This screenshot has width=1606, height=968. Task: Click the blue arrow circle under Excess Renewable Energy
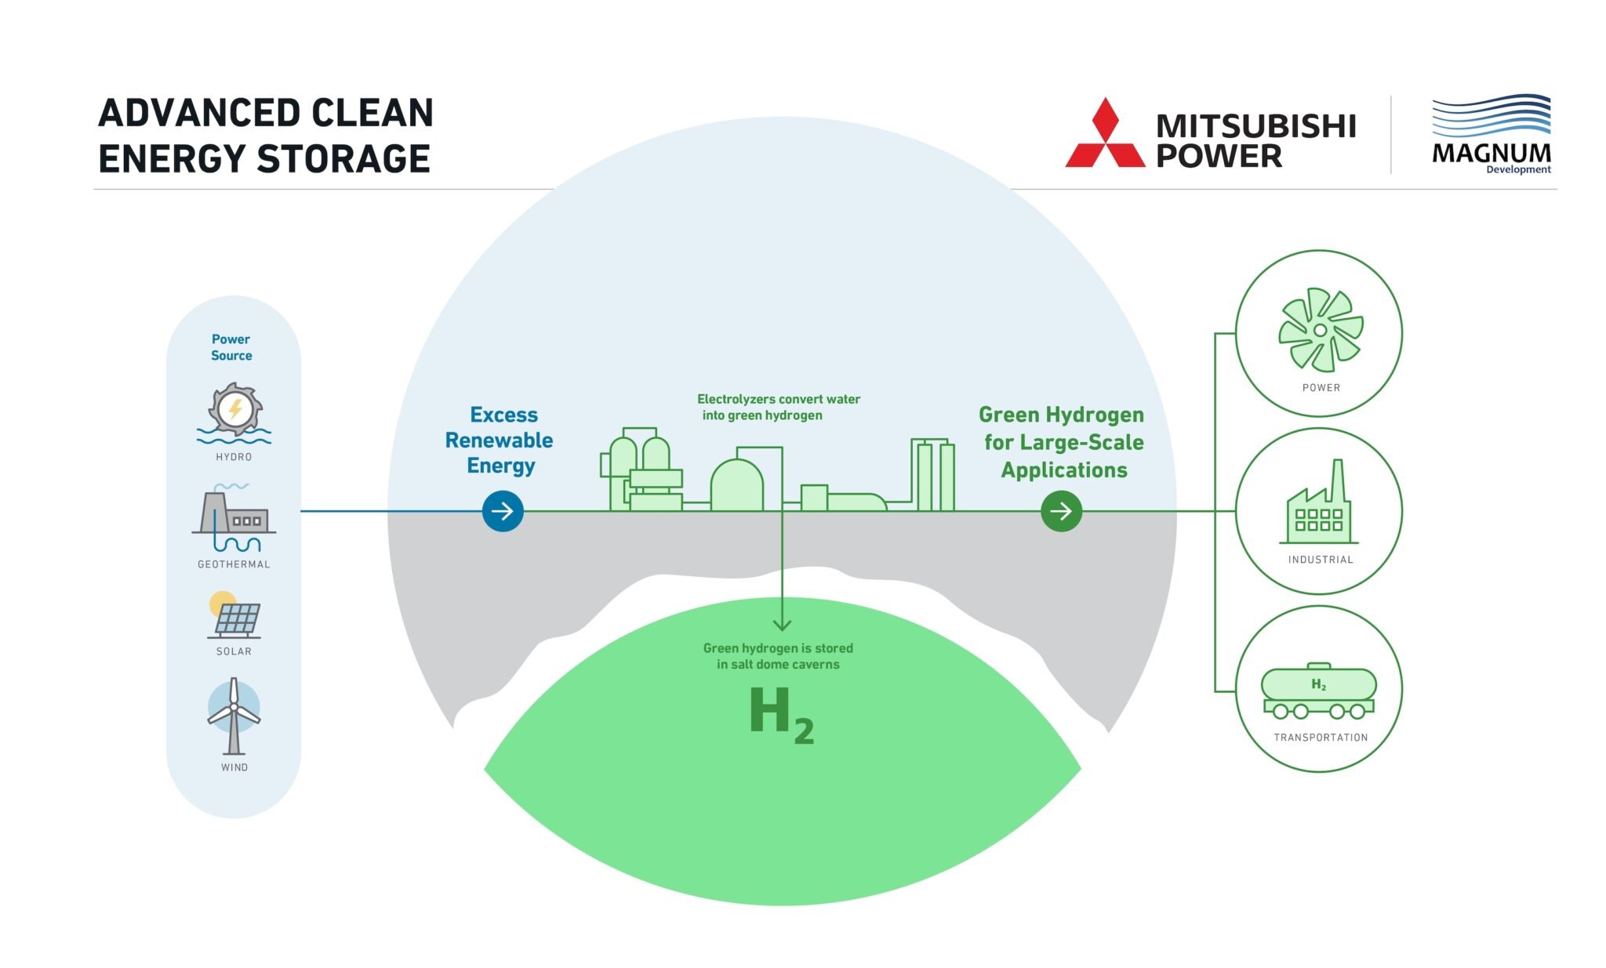point(503,511)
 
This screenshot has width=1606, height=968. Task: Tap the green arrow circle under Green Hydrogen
point(1061,511)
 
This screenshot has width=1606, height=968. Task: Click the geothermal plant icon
point(234,517)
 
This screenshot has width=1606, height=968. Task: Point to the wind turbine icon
point(234,715)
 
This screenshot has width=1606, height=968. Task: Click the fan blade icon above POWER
point(1321,330)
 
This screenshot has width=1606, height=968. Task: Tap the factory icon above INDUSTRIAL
point(1320,506)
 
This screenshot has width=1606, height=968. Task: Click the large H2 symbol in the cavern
point(780,713)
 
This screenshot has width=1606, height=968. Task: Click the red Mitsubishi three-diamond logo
point(1105,135)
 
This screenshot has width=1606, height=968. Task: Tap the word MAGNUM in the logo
point(1491,153)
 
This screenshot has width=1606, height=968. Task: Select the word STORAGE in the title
point(344,159)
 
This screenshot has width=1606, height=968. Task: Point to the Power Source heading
point(231,347)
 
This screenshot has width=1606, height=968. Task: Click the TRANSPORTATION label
point(1321,738)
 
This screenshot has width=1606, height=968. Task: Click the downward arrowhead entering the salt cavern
point(782,625)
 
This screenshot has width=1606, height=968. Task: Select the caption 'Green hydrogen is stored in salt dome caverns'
point(778,656)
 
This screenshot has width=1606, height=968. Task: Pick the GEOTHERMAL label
point(234,564)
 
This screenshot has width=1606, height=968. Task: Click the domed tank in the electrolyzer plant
point(736,486)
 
